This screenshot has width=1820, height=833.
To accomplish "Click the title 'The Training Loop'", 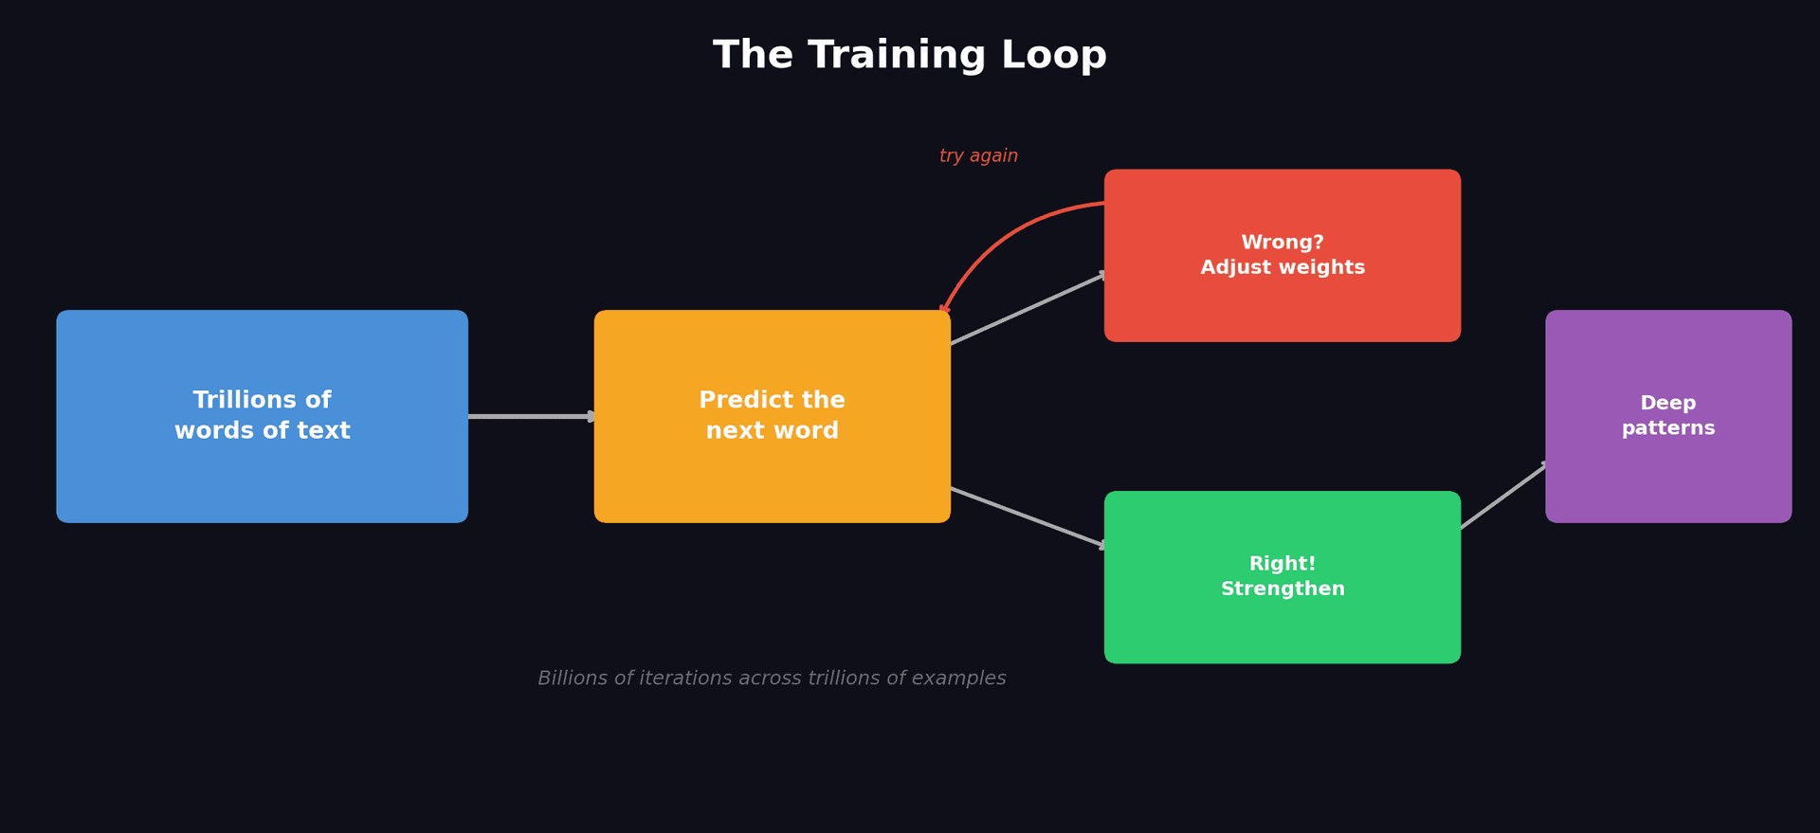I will [909, 55].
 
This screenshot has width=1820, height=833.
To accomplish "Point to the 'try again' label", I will [978, 156].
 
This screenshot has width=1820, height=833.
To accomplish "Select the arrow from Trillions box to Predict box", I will [531, 416].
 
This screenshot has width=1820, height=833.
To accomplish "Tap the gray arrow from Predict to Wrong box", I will [1028, 309].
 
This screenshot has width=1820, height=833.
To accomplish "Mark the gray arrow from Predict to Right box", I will [1028, 517].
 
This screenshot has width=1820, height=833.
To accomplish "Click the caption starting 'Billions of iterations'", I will [772, 679].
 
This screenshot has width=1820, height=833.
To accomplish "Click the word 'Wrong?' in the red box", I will [1282, 243].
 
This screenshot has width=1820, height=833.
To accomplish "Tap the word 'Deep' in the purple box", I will [1667, 404].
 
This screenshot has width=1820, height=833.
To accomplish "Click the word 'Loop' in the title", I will [1053, 55].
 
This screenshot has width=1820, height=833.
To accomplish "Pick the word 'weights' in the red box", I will [1323, 268].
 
